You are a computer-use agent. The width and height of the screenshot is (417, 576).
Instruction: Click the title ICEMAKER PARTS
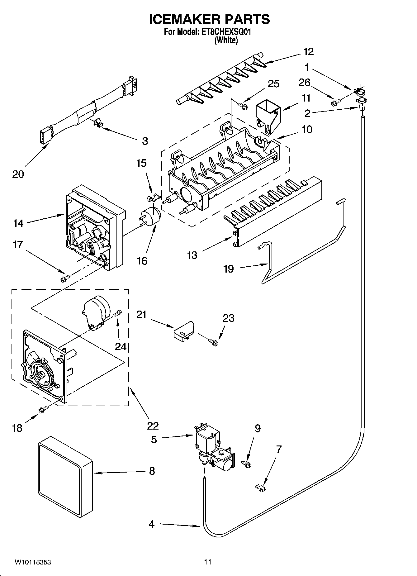click(x=209, y=19)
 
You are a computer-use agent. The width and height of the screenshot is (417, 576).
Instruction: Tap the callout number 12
click(x=308, y=52)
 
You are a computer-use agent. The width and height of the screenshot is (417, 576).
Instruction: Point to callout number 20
click(x=18, y=174)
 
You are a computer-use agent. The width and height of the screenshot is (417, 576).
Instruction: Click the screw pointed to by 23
click(x=214, y=342)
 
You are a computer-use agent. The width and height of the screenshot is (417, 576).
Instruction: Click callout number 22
click(x=153, y=426)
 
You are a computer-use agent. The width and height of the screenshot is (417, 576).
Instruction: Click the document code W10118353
click(x=33, y=562)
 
